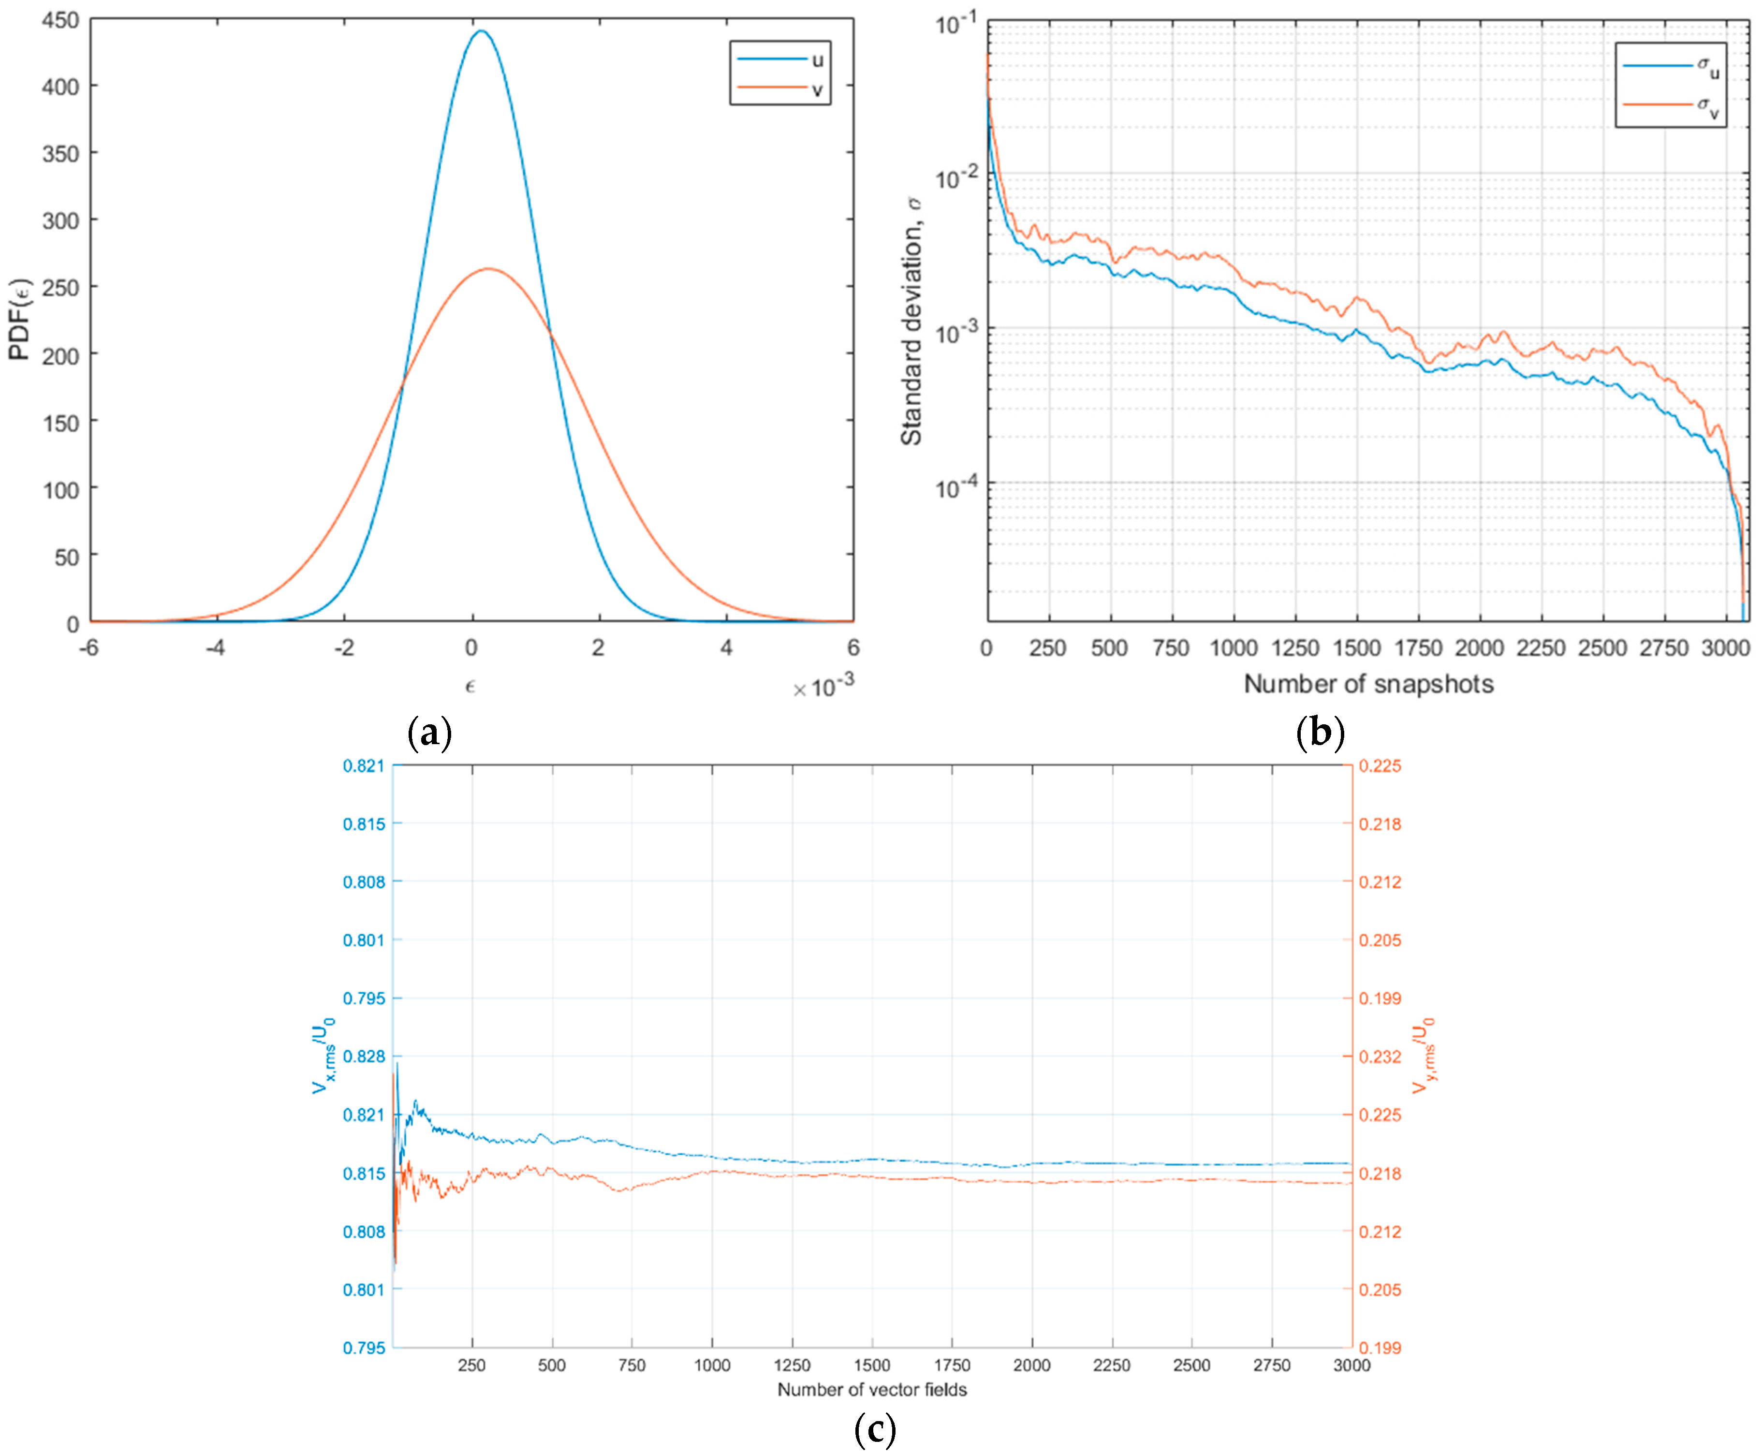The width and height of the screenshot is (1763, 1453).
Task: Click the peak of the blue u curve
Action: tap(481, 32)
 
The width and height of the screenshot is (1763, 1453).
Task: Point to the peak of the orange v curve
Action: tap(489, 269)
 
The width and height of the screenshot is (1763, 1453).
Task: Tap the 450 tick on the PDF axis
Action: tap(60, 20)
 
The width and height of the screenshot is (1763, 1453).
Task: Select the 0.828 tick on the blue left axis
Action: tap(364, 1057)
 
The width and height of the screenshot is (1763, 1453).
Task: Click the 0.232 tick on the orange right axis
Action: tap(1380, 1057)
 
